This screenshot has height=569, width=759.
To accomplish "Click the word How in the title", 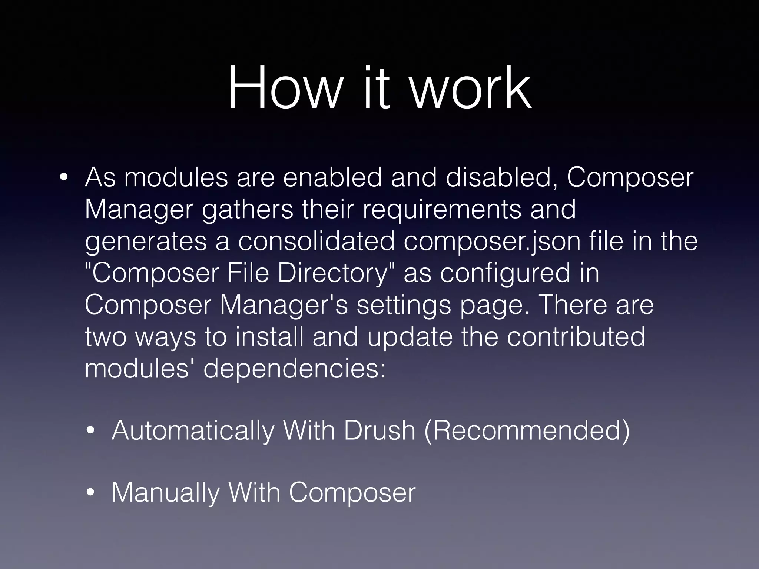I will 284,88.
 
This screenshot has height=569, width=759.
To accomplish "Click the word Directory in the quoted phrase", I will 337,273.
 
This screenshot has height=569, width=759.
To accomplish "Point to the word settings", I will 404,305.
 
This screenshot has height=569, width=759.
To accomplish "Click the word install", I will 269,337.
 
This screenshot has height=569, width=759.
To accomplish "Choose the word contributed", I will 576,337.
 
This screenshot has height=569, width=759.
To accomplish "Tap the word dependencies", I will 294,369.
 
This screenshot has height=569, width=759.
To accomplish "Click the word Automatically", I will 193,431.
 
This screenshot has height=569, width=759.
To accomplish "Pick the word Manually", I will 165,493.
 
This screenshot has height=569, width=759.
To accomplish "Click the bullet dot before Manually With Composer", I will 90,493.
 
